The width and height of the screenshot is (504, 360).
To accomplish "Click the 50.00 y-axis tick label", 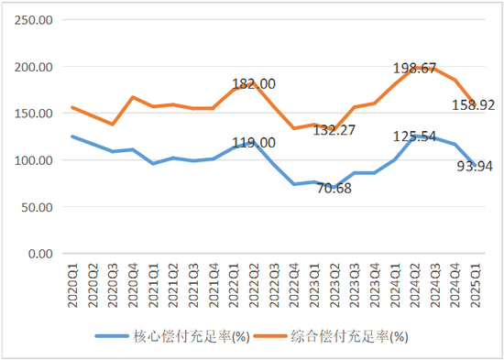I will [x=38, y=207].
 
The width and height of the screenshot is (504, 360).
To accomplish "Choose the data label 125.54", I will [x=411, y=136].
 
